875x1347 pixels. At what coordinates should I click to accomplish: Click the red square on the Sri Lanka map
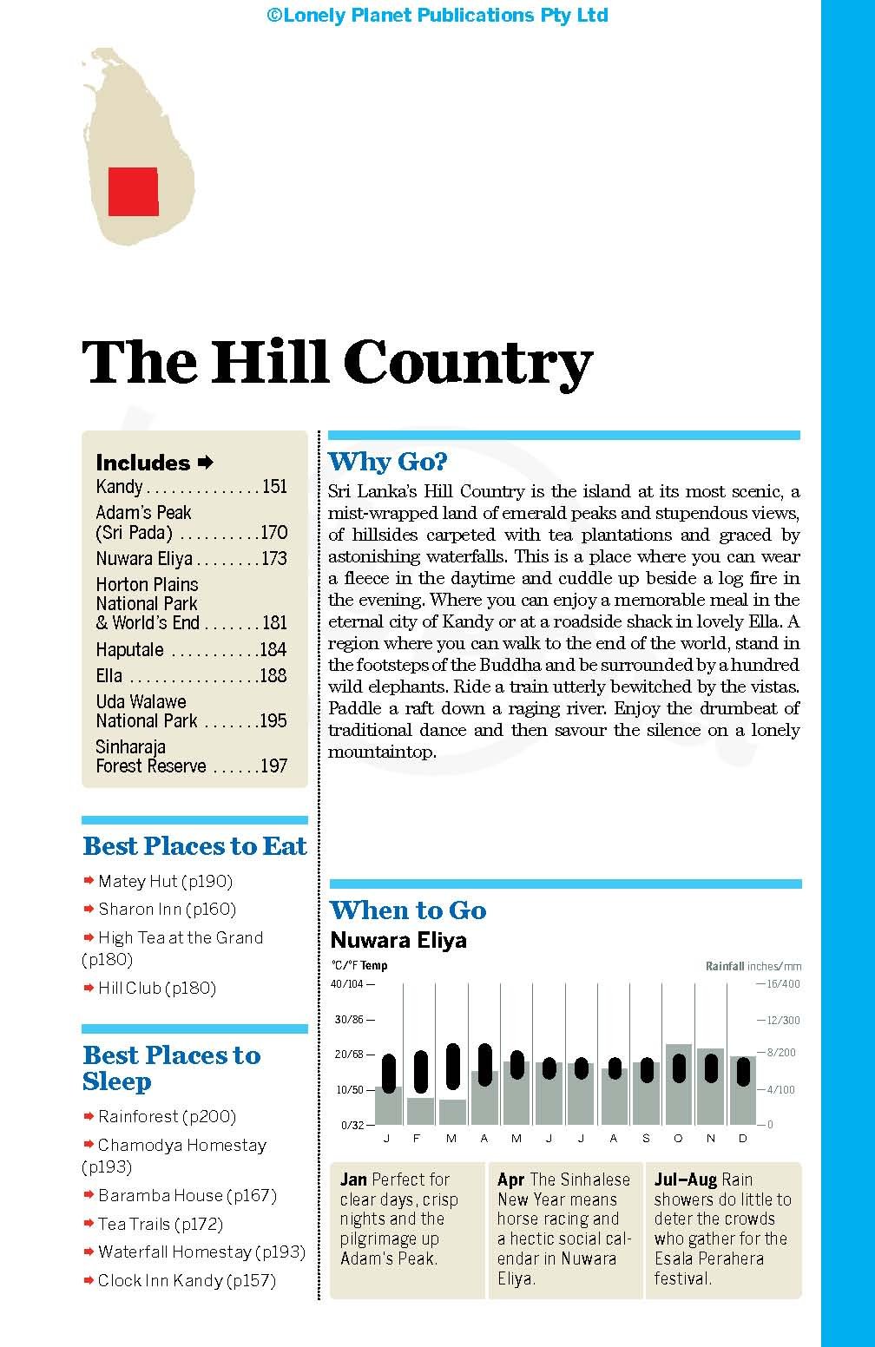133,192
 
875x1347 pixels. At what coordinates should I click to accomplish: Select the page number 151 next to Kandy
274,486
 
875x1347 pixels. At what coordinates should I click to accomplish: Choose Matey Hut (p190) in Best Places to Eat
165,881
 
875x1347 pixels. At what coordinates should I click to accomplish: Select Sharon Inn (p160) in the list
167,909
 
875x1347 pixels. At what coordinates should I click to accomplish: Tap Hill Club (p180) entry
156,988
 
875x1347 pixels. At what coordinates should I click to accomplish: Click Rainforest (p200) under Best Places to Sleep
167,1116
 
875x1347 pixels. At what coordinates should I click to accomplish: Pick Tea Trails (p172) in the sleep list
160,1224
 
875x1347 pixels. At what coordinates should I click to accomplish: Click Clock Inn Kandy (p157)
187,1280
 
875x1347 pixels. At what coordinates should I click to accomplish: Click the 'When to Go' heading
408,910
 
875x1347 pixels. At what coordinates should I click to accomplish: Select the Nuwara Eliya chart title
398,940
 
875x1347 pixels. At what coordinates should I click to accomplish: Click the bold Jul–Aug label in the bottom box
686,1179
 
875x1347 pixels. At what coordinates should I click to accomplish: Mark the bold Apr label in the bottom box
511,1179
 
